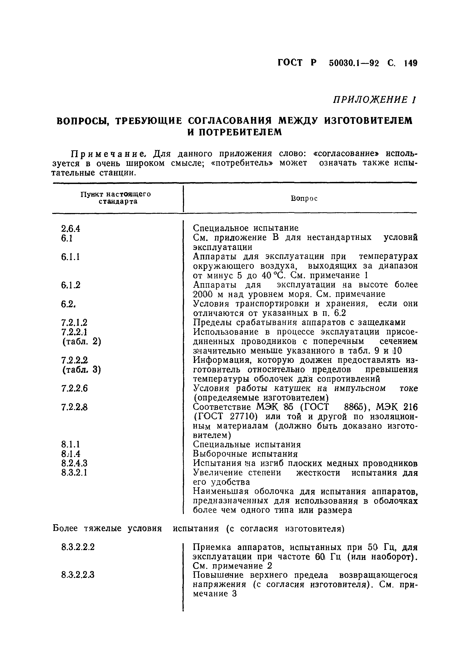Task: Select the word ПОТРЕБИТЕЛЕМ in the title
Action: click(x=234, y=132)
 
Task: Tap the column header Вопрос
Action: click(x=304, y=199)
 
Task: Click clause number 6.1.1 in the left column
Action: click(x=70, y=257)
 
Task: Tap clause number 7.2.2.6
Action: click(x=74, y=388)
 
